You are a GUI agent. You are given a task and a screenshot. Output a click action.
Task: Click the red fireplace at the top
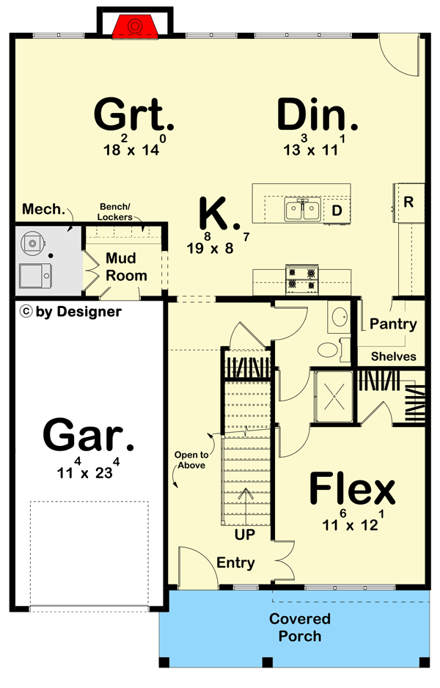(x=134, y=26)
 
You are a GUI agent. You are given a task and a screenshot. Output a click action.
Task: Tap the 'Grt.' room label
(x=134, y=114)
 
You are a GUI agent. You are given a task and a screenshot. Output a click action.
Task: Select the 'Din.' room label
(x=318, y=115)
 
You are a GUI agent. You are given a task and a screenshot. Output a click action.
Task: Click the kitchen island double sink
(x=302, y=211)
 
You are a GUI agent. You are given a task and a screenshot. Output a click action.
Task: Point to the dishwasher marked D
(x=337, y=211)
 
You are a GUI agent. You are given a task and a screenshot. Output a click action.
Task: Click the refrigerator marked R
(x=408, y=202)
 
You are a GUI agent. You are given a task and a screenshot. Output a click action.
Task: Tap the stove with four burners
(x=303, y=278)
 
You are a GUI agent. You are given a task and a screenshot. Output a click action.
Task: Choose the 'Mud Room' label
(x=126, y=267)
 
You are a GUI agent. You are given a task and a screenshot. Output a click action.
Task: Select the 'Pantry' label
(x=393, y=323)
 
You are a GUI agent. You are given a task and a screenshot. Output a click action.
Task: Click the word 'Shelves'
(x=393, y=356)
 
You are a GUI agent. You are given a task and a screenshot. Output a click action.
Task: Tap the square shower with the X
(x=334, y=398)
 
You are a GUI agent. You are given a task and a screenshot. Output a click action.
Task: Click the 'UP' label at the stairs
(x=244, y=535)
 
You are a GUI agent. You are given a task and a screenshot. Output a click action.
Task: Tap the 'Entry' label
(x=235, y=563)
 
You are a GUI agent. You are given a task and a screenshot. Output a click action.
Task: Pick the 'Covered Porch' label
(x=299, y=627)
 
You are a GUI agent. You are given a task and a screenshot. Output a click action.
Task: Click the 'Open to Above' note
(x=189, y=460)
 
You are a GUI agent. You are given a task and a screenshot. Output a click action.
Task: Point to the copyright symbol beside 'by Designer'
(x=26, y=312)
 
